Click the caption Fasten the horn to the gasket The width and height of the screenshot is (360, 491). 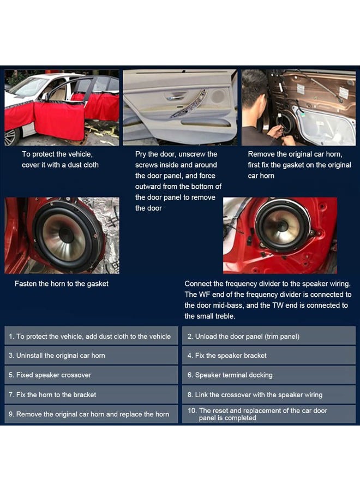coord(61,284)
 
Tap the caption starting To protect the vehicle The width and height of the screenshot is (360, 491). coord(60,159)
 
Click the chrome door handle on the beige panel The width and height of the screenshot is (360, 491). coord(175,98)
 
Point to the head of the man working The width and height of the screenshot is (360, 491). coord(255,89)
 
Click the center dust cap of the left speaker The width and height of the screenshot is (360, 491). coord(67,235)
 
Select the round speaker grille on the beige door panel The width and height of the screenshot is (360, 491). coord(218,96)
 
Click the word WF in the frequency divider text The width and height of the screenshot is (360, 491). coord(204,295)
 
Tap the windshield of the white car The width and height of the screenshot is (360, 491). coord(29,87)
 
